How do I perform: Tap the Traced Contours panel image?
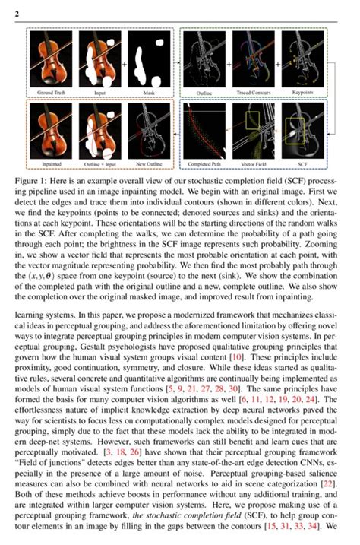coord(256,60)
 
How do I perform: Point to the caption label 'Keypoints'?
coord(308,93)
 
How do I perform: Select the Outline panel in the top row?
coord(205,60)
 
